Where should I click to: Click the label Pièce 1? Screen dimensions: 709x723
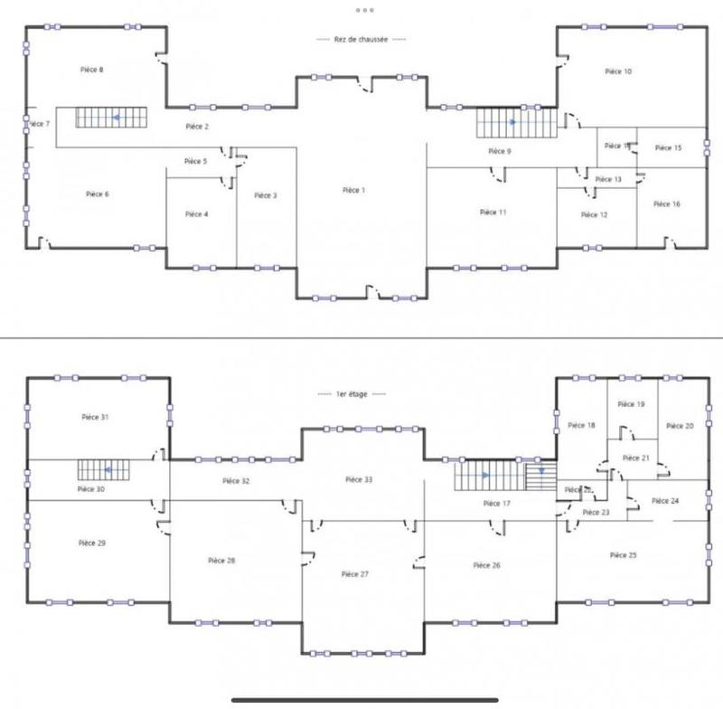point(354,191)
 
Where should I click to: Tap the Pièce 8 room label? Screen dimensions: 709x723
point(88,70)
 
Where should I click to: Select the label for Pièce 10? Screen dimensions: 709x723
point(618,71)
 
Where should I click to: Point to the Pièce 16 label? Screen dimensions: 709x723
point(668,204)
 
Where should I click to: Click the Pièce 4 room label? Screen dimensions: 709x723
point(196,214)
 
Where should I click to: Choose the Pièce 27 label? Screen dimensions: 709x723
point(355,574)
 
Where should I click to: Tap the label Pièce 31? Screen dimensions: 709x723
point(95,417)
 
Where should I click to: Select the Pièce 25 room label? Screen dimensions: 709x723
point(624,554)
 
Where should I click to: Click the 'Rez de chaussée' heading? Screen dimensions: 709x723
point(361,40)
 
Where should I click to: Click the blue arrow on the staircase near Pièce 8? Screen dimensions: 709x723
point(115,118)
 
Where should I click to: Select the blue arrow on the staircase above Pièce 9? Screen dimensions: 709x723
point(512,121)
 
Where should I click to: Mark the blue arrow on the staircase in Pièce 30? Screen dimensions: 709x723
point(107,470)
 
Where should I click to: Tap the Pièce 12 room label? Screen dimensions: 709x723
point(594,215)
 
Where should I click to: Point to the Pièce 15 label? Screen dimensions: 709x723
point(668,147)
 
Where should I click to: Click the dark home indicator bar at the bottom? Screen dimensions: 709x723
point(361,698)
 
